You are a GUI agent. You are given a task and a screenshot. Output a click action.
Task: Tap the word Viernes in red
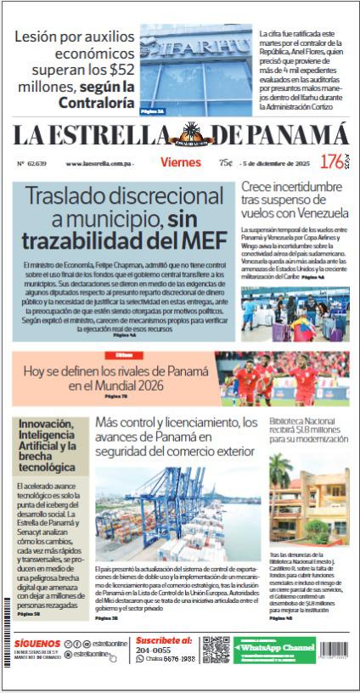[x=180, y=162]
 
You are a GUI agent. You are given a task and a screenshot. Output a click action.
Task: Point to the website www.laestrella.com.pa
[x=100, y=163]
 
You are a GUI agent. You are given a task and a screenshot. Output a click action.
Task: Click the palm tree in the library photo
[x=280, y=473]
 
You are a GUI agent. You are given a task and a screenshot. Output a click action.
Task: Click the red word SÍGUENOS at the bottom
[x=37, y=643]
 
